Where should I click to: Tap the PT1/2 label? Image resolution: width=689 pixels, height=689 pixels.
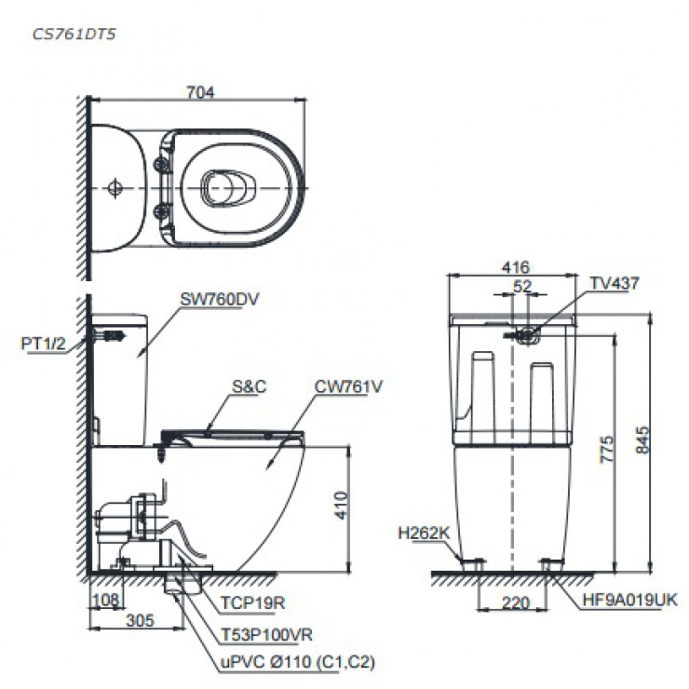click(x=43, y=343)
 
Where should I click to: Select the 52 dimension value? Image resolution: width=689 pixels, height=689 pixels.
click(x=522, y=286)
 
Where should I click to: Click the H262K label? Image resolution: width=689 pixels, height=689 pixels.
click(x=424, y=534)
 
